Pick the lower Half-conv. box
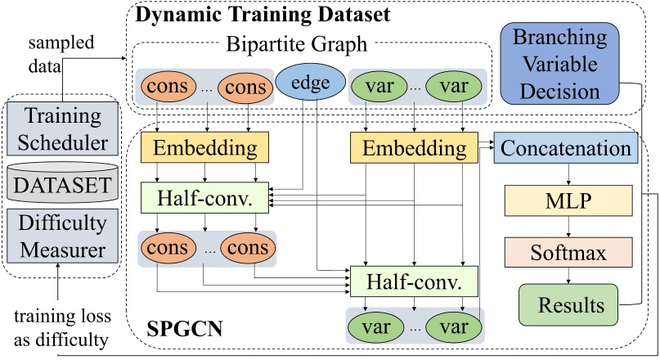click(413, 282)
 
